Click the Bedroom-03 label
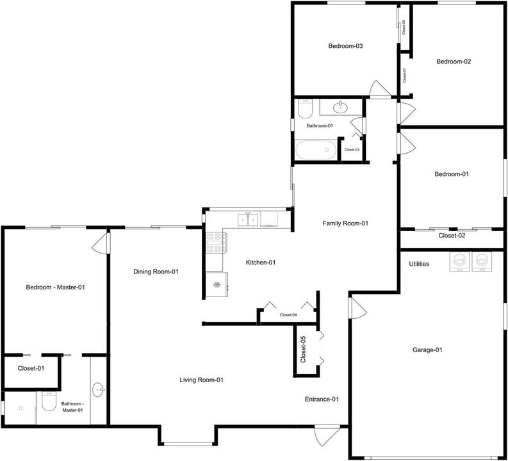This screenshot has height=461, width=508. click(x=345, y=46)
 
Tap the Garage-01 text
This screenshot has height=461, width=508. click(x=427, y=350)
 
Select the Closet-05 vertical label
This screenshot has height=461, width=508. click(x=303, y=350)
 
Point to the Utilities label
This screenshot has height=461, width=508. click(x=419, y=264)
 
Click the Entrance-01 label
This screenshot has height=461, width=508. click(x=322, y=399)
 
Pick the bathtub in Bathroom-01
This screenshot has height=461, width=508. click(x=316, y=150)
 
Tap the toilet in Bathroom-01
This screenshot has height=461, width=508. click(x=305, y=109)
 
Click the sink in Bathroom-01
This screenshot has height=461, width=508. click(x=341, y=107)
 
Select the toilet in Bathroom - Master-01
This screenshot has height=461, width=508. click(x=49, y=401)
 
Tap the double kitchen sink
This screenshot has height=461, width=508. click(x=248, y=220)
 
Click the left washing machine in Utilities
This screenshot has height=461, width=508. click(x=459, y=262)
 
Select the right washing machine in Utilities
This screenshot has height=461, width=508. click(x=482, y=262)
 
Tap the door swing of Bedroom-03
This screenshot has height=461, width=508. click(x=381, y=89)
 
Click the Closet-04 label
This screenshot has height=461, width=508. click(x=288, y=315)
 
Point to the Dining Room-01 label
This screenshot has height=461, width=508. click(x=156, y=271)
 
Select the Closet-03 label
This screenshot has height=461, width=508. click(x=352, y=150)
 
